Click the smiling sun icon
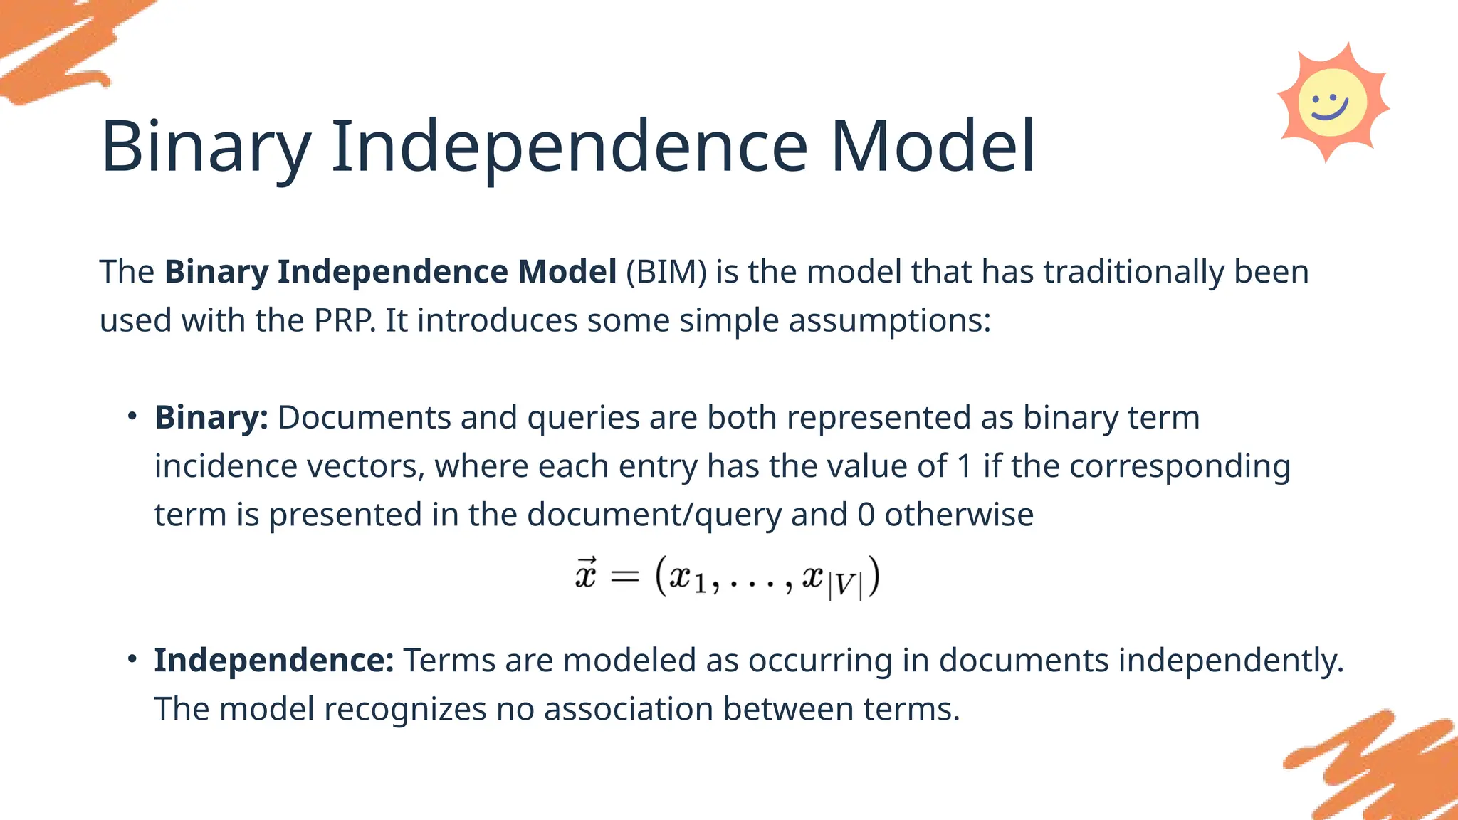(x=1332, y=102)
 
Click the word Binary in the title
(x=206, y=147)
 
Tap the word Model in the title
(x=933, y=147)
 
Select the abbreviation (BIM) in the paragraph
(x=666, y=272)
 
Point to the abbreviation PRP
(x=345, y=320)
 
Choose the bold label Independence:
(x=274, y=661)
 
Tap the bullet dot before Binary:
(x=132, y=416)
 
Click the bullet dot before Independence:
(x=132, y=659)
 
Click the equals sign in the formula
(x=625, y=577)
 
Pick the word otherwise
(x=959, y=515)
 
